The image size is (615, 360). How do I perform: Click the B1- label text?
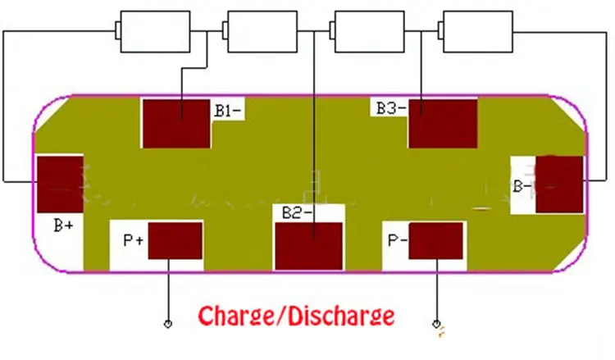pos(227,110)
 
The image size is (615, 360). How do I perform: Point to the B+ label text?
pos(64,223)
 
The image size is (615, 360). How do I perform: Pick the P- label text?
pos(398,240)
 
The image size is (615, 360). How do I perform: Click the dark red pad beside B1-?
pos(176,123)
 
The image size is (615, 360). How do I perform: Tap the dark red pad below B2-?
pos(308,245)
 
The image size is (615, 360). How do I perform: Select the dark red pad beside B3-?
pos(442,123)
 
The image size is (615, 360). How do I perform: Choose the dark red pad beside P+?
pos(175,242)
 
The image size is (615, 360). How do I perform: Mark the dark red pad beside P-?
pos(435,241)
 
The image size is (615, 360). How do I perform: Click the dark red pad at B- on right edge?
pos(559,185)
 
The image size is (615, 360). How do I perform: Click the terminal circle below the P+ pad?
pos(168,324)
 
